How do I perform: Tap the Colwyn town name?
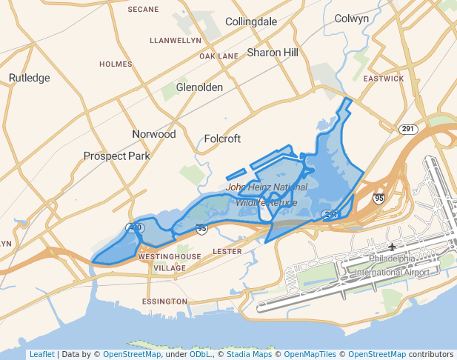tap(351, 19)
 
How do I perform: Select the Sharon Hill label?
tap(273, 53)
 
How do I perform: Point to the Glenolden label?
tap(199, 87)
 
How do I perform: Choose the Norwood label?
tap(154, 134)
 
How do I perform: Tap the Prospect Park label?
tap(116, 156)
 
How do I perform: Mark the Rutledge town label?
tap(29, 78)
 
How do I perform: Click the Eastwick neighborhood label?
tap(384, 79)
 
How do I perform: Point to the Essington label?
tap(164, 301)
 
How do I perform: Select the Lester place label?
tap(227, 252)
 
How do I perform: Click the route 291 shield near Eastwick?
tap(407, 129)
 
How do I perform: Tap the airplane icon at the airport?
tap(392, 247)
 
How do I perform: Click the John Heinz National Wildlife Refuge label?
tap(267, 195)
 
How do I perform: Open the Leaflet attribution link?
tap(41, 354)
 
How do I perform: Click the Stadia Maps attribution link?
tap(248, 354)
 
